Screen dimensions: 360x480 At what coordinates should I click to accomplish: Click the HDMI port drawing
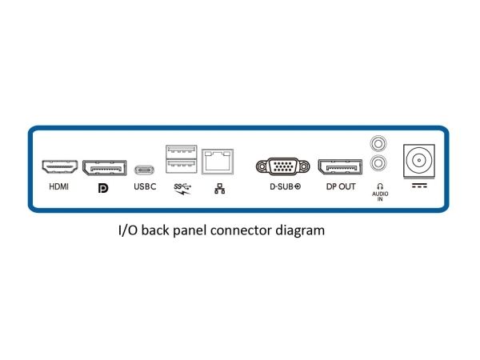[x=60, y=168]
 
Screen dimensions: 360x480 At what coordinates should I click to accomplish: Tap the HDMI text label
[x=59, y=188]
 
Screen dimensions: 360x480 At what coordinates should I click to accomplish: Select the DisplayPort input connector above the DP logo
[x=103, y=168]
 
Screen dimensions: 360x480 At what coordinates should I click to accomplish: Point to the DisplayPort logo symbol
[x=102, y=189]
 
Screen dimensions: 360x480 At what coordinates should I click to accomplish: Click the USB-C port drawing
[x=145, y=170]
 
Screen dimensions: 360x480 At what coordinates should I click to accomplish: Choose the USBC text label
[x=145, y=188]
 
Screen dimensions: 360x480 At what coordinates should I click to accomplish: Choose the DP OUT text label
[x=340, y=188]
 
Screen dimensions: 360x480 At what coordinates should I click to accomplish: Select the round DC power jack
[x=418, y=160]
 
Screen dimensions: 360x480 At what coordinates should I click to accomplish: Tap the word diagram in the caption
[x=298, y=231]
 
